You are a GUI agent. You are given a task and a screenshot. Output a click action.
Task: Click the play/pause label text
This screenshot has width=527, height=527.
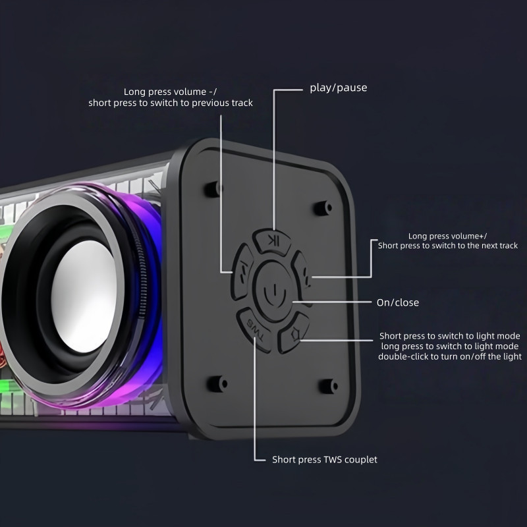tap(338, 88)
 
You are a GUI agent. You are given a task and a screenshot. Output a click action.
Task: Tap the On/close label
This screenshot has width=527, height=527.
tap(398, 302)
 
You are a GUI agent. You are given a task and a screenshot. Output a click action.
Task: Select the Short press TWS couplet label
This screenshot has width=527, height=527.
tap(325, 459)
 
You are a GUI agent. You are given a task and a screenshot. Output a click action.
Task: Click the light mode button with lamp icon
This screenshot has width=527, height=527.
tap(294, 332)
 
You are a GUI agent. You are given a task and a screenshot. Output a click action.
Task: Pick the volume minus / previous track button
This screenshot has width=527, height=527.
tap(242, 271)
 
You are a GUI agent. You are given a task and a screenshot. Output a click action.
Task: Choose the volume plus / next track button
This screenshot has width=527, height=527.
tap(302, 275)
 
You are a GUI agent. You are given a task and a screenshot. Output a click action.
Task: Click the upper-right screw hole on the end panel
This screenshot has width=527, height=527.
tap(323, 208)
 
